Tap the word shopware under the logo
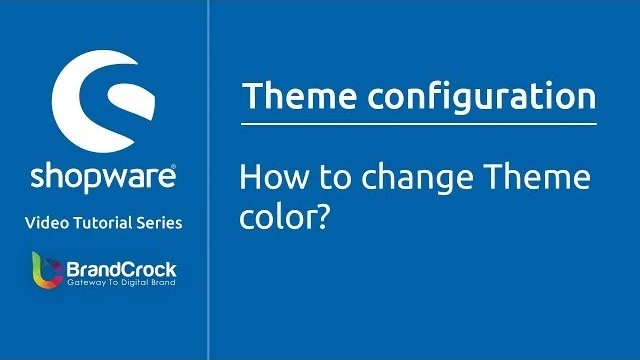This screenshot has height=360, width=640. point(102,176)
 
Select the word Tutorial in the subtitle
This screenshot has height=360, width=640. point(105,223)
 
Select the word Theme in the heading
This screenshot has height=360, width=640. point(290,98)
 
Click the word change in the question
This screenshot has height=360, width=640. point(399,181)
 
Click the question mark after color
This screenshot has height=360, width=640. point(323,214)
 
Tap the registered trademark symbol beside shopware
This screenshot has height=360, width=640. point(176,167)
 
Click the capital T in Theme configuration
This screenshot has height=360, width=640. point(251,98)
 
